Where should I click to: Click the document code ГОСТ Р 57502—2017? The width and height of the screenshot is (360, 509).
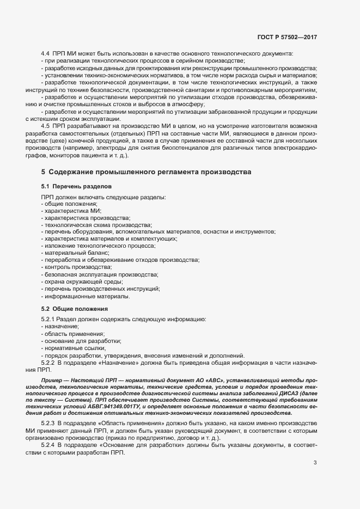pyautogui.click(x=287, y=37)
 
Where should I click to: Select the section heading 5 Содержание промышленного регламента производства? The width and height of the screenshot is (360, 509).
pyautogui.click(x=147, y=172)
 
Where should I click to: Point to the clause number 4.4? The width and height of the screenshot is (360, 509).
pyautogui.click(x=46, y=53)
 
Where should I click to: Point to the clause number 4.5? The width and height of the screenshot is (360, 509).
pyautogui.click(x=46, y=126)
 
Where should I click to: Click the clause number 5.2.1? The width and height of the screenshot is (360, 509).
pyautogui.click(x=48, y=318)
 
